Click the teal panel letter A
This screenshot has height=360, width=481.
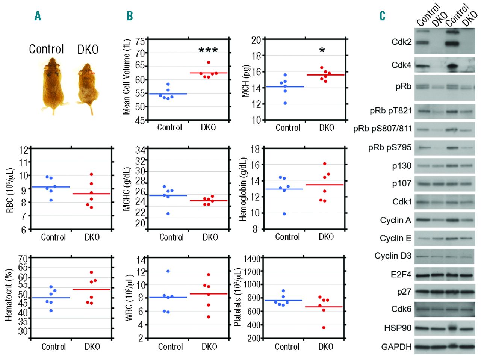(x=38, y=16)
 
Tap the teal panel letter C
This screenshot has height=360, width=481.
(x=382, y=16)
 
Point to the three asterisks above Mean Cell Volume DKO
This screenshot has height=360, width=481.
(x=208, y=50)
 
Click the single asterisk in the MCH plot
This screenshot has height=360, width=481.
(x=322, y=50)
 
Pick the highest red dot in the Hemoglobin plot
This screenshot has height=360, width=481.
(x=325, y=164)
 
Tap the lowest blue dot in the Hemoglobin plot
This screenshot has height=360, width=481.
(x=284, y=214)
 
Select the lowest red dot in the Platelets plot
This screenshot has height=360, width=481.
(x=324, y=328)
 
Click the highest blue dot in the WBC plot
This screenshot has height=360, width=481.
(x=168, y=271)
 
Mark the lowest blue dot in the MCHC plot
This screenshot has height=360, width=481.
(x=168, y=214)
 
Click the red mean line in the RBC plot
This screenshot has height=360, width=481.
(x=92, y=194)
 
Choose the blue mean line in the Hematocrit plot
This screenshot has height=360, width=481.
(x=51, y=298)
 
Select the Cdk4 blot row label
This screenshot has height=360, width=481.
(x=401, y=65)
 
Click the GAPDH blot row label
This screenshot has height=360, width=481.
(x=396, y=346)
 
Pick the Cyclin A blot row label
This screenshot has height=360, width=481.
(x=395, y=220)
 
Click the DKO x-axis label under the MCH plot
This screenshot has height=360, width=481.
(x=326, y=128)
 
